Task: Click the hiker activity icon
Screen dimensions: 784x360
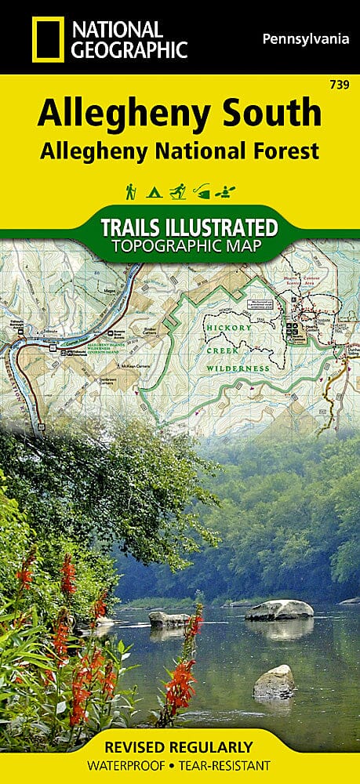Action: [130, 191]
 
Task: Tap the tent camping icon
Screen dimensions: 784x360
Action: [155, 191]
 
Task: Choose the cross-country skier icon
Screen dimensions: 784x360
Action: [178, 191]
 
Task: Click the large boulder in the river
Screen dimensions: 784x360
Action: [279, 609]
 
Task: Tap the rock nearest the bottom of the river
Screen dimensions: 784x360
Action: [274, 682]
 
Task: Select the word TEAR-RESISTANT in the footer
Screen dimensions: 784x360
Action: [227, 766]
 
